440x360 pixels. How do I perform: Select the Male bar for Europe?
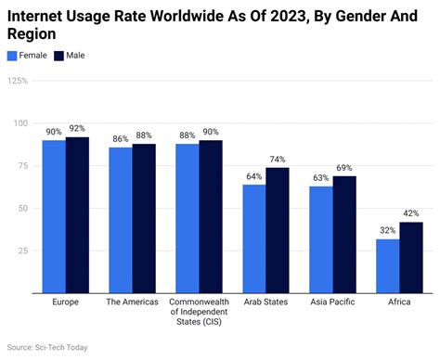(77, 215)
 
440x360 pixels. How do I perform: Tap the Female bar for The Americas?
(121, 220)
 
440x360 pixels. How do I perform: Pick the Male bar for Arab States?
(277, 230)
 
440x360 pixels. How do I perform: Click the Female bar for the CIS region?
(188, 218)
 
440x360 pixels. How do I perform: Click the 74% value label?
(278, 160)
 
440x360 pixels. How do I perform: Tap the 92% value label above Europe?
(77, 129)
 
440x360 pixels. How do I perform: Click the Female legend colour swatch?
(12, 56)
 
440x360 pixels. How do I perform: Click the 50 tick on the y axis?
(20, 209)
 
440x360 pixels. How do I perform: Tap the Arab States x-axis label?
(265, 302)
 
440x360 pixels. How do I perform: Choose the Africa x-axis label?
(400, 302)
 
